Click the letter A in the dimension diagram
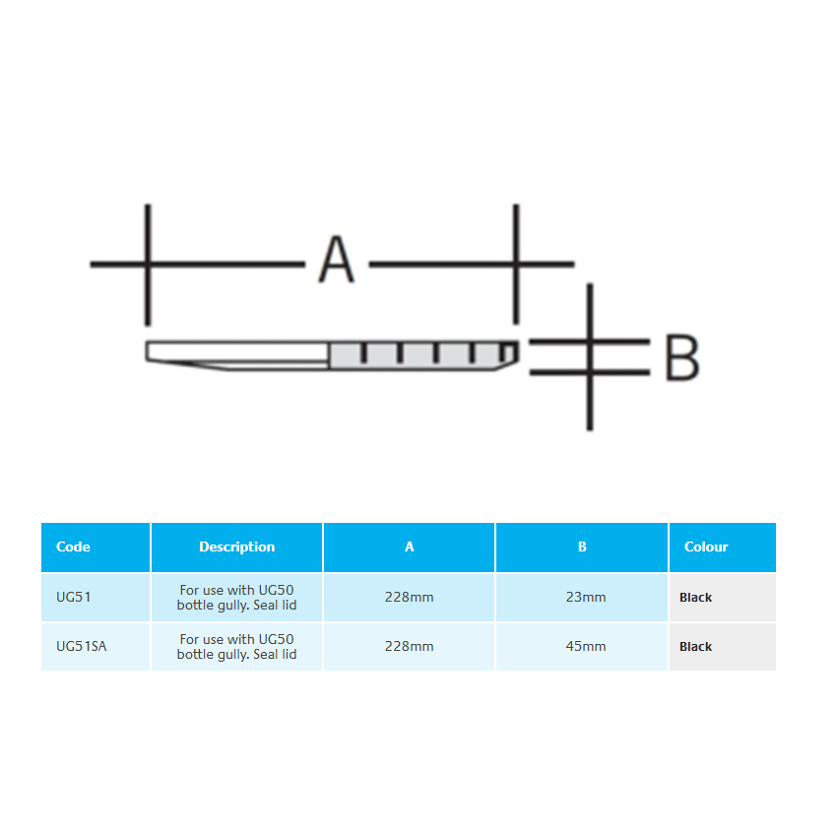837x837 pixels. (337, 259)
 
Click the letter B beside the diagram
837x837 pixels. (681, 357)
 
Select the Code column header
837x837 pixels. (73, 547)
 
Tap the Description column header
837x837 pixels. (236, 547)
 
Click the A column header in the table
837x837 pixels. (410, 547)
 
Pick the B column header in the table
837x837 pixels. (582, 547)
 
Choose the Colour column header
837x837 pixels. (706, 547)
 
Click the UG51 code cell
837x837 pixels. (73, 597)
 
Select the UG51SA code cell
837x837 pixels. (81, 646)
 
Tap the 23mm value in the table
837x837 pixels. (586, 597)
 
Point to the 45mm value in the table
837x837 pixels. (586, 646)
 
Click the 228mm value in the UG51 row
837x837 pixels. (409, 597)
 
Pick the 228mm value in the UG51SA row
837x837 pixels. (409, 646)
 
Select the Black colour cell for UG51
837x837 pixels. (695, 598)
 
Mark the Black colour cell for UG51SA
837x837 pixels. (695, 646)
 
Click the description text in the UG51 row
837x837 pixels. (236, 598)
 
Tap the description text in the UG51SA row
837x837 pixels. (236, 646)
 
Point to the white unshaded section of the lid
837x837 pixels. (237, 353)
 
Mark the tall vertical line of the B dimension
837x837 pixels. (590, 356)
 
